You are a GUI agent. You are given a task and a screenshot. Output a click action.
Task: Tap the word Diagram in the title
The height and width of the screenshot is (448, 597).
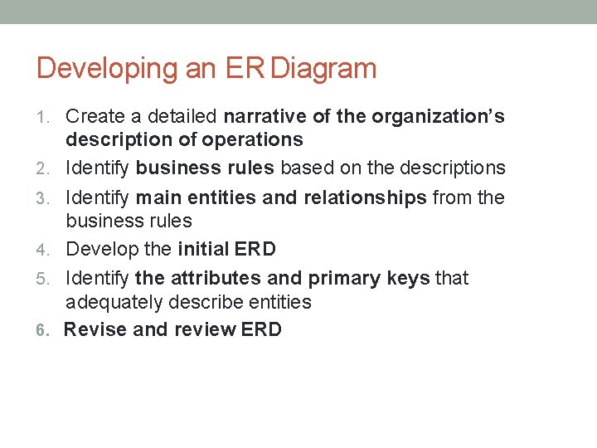tap(323, 68)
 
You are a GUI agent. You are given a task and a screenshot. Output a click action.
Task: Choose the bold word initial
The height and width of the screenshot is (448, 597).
tap(204, 249)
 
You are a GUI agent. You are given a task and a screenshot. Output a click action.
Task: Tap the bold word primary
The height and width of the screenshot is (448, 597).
tap(343, 278)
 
